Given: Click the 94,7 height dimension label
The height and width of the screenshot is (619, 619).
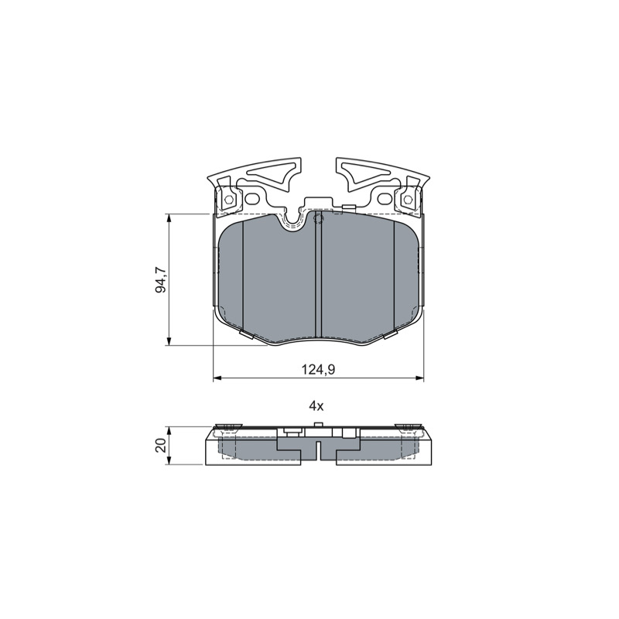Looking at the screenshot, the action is click(x=161, y=280).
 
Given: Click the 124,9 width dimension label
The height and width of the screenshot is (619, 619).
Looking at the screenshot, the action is click(x=318, y=370).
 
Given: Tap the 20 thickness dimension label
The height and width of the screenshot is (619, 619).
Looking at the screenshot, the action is click(x=161, y=446).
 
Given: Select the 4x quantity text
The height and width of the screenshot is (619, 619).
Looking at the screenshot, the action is click(x=316, y=405).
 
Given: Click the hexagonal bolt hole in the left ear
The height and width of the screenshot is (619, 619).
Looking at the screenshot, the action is click(x=227, y=199).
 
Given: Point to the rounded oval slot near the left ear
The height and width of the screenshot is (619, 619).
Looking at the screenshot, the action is click(x=251, y=199).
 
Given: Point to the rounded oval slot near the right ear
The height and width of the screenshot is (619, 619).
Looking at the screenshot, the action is click(x=384, y=199).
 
